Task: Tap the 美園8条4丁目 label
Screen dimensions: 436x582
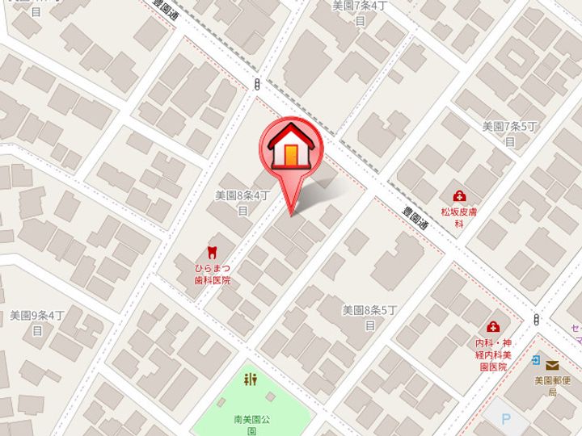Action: click(x=242, y=202)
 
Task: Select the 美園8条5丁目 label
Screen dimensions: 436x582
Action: click(x=370, y=317)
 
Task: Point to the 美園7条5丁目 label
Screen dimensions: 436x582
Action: click(x=510, y=133)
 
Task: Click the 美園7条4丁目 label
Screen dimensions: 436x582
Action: click(x=361, y=12)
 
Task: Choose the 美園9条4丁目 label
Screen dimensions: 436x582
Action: click(x=36, y=322)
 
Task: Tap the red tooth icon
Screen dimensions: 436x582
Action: click(x=212, y=251)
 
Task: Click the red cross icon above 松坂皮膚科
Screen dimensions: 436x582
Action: click(x=459, y=195)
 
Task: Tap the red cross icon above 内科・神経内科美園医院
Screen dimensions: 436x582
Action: click(x=491, y=327)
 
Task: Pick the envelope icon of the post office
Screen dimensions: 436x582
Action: click(x=552, y=366)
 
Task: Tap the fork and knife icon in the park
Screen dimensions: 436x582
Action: click(x=251, y=380)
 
